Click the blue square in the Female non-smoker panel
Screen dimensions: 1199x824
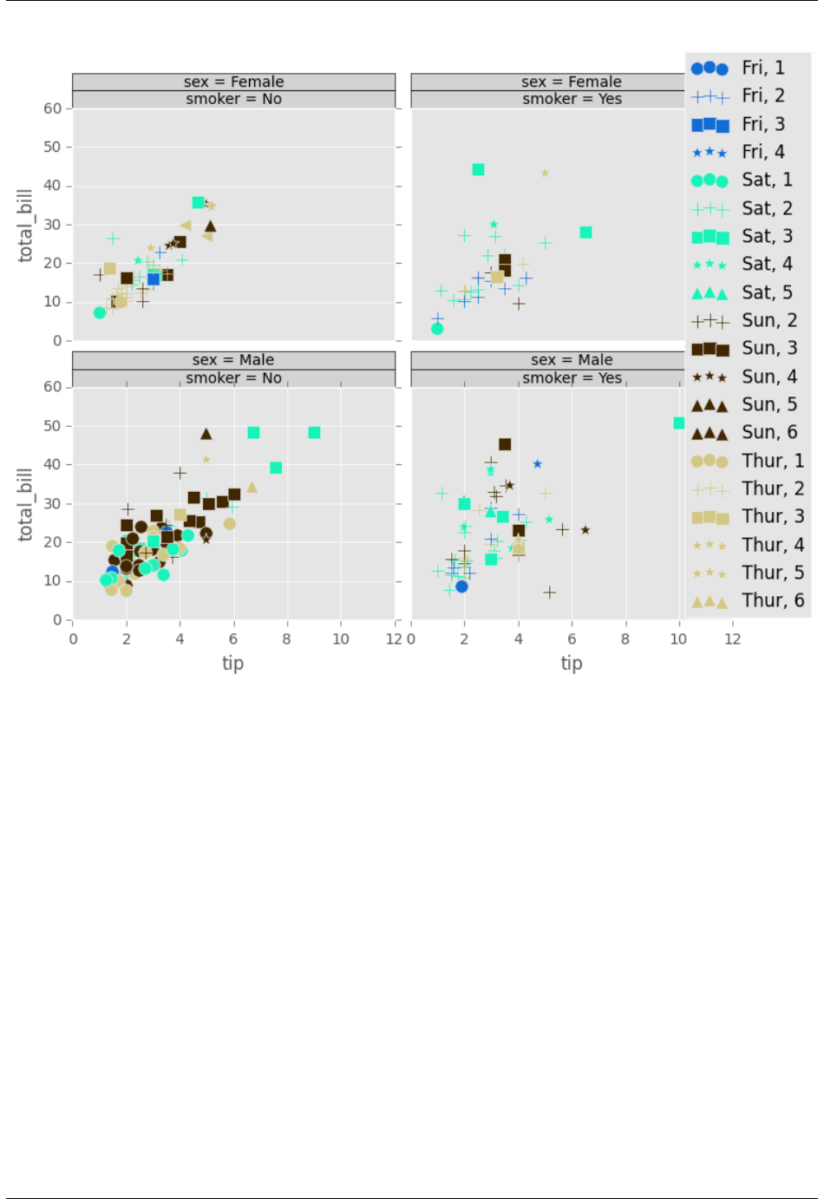pos(154,278)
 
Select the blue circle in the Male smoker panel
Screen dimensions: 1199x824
pos(462,586)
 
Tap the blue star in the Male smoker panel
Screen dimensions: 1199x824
pos(538,464)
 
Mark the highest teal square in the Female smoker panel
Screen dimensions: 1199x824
pos(478,169)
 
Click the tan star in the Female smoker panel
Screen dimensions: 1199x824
pos(545,174)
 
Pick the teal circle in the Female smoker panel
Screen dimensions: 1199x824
pos(437,329)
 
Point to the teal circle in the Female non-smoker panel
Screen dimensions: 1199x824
pos(100,312)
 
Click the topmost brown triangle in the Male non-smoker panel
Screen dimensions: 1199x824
pos(206,434)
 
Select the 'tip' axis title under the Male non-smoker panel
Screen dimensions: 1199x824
pos(232,664)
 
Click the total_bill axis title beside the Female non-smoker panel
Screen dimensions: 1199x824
pos(25,226)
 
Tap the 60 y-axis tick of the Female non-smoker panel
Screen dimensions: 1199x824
pos(53,108)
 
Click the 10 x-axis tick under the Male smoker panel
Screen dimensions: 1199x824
pos(678,639)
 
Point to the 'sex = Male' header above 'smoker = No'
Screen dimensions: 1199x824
pos(233,360)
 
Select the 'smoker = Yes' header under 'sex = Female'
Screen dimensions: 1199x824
pos(572,99)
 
